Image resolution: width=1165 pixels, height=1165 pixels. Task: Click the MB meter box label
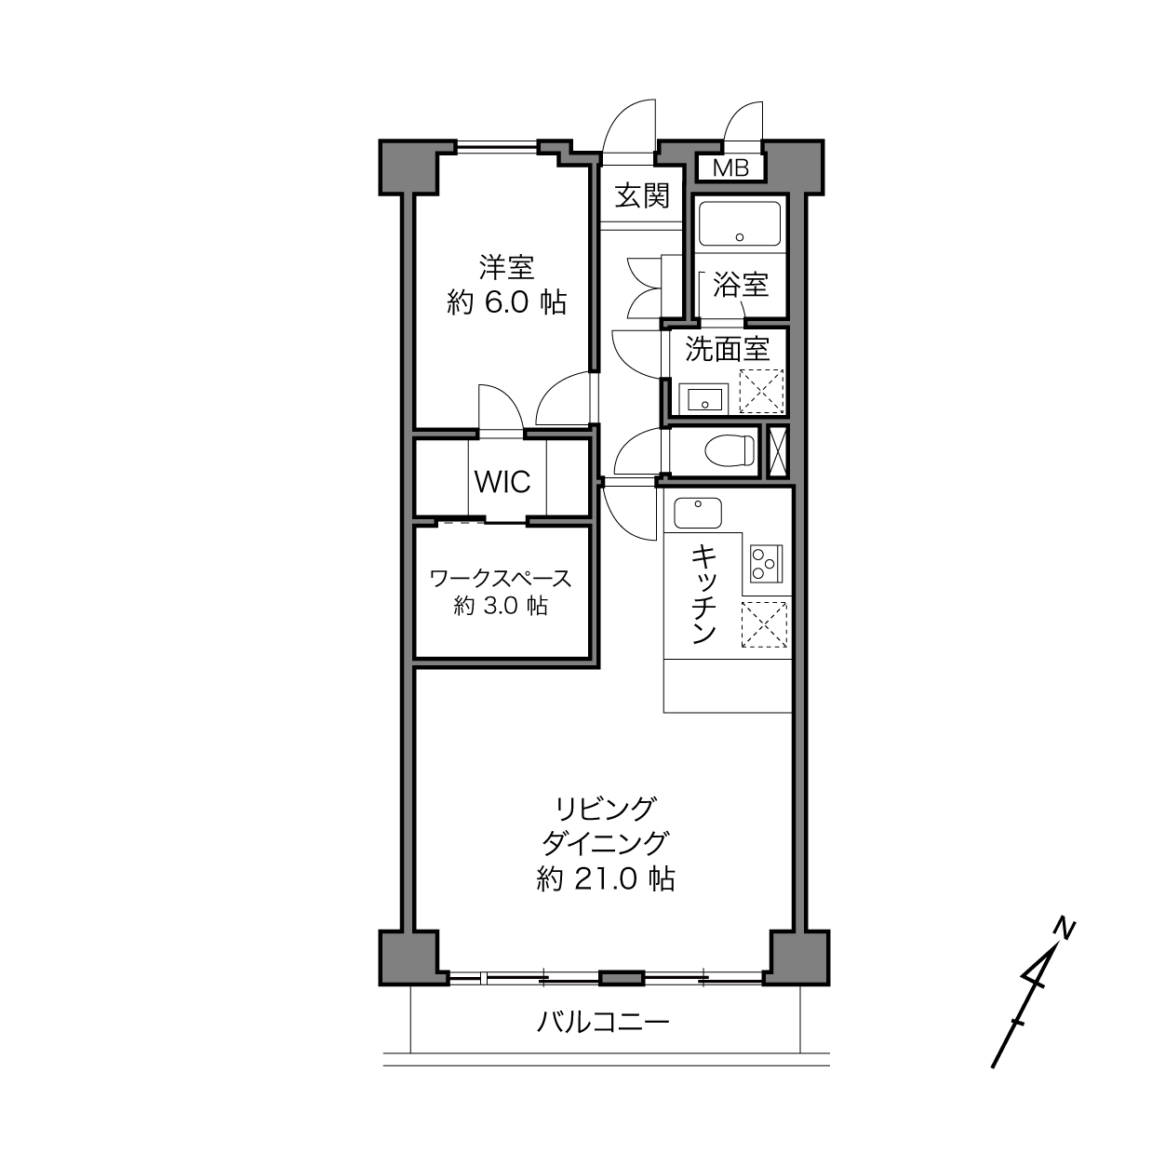point(730,168)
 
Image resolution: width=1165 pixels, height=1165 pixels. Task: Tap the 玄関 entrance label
point(642,195)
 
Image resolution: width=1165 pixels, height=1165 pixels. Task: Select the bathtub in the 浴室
point(740,223)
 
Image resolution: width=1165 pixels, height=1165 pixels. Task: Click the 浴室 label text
point(741,284)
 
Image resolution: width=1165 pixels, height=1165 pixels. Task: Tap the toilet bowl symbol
point(730,449)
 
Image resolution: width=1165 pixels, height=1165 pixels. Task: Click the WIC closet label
point(502,482)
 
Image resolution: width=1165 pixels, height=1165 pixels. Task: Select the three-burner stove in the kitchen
point(766,564)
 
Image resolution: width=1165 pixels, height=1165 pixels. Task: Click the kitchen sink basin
point(698,513)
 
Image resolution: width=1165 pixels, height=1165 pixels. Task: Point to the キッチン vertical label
point(703,595)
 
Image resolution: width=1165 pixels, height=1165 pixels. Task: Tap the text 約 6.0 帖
point(506,302)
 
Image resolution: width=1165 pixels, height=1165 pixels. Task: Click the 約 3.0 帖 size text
point(501,605)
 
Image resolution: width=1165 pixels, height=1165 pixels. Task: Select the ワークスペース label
point(501,579)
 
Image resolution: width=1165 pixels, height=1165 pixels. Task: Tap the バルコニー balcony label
point(603,1023)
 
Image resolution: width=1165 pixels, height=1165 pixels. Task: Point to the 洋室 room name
point(506,268)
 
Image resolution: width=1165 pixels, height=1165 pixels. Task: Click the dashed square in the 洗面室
point(761,391)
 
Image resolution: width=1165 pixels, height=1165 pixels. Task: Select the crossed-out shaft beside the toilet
point(778,449)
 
